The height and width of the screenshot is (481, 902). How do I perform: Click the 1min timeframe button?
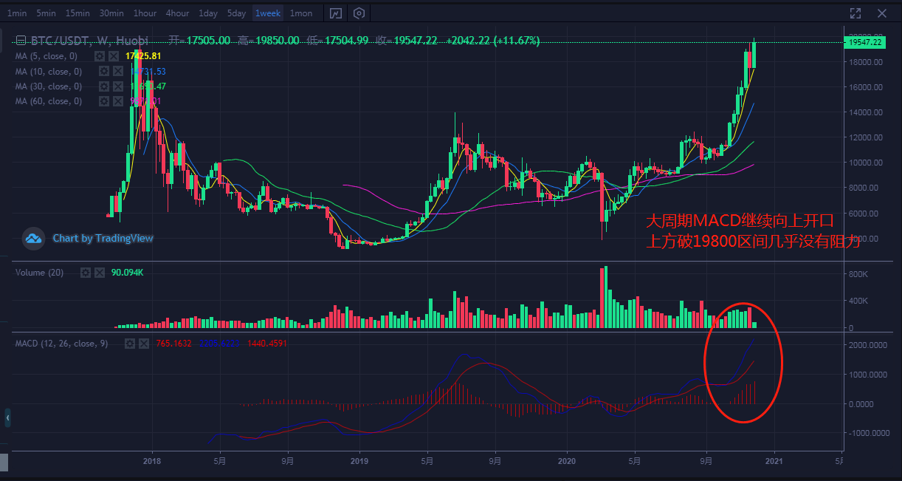[17, 13]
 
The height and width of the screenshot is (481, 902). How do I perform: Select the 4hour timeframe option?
[177, 13]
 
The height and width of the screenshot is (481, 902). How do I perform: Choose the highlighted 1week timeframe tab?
[267, 13]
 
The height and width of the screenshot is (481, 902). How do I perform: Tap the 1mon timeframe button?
[300, 13]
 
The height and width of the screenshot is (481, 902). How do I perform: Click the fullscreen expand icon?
[855, 13]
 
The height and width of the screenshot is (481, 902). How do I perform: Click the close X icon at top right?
[881, 13]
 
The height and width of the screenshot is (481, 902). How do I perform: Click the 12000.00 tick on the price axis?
[865, 137]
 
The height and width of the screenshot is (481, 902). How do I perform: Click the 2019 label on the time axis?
[359, 461]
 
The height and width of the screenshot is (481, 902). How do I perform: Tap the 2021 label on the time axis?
[774, 461]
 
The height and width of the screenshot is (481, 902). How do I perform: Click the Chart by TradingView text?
[103, 239]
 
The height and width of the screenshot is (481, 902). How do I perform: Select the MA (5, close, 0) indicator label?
[47, 56]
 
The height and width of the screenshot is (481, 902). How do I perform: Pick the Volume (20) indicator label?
[40, 273]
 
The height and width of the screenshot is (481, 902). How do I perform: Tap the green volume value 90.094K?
[127, 273]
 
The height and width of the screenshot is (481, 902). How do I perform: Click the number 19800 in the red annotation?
[720, 241]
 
